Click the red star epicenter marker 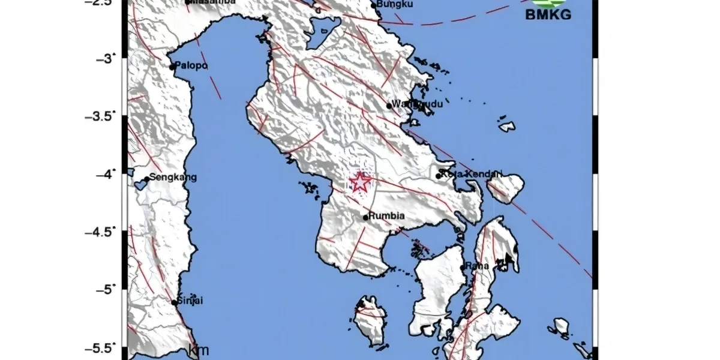pos(360,182)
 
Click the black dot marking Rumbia pos(365,218)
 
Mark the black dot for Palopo pos(172,67)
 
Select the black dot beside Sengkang pos(146,179)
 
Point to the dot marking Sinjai pos(175,303)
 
